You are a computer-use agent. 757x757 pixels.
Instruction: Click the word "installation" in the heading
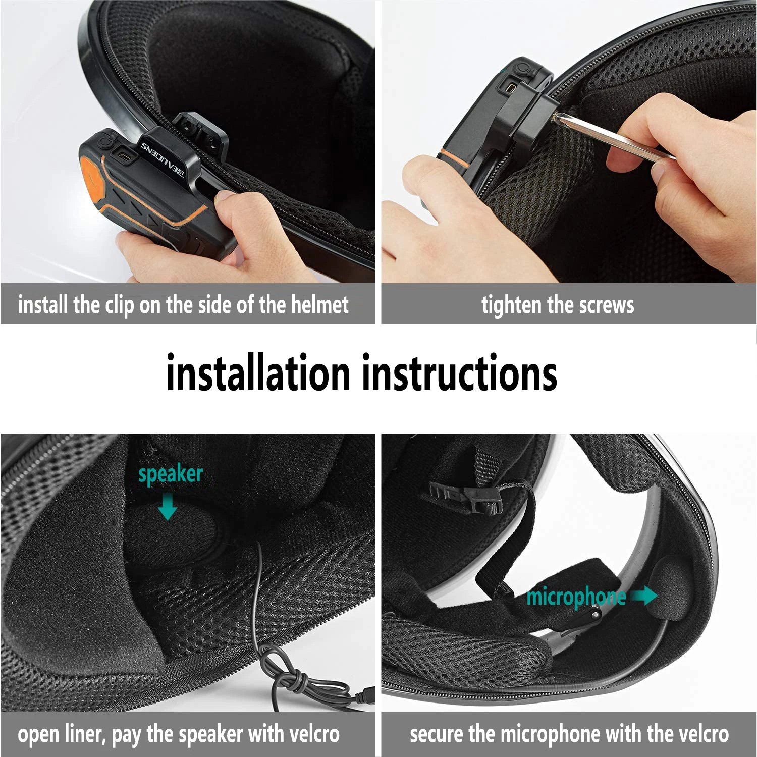point(258,373)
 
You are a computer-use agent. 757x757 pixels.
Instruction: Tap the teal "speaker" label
point(170,474)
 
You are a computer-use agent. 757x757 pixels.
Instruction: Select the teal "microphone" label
point(576,597)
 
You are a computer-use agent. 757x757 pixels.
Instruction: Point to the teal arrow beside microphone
point(644,596)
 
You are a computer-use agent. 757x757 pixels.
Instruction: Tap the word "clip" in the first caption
point(119,305)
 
